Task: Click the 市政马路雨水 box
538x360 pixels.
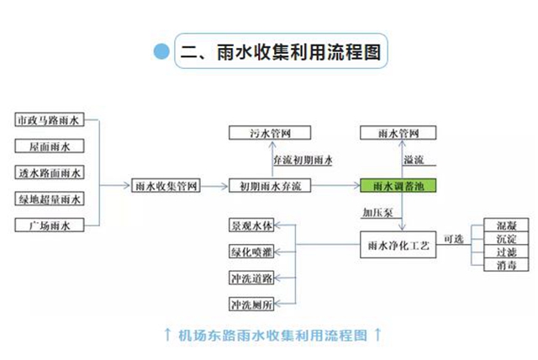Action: (50, 120)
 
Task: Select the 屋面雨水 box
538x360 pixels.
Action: (50, 146)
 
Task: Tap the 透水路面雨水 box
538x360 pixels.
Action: (50, 173)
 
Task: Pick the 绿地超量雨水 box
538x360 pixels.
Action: (50, 199)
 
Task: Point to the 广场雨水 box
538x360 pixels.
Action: (50, 225)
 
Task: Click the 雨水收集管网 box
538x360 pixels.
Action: (166, 186)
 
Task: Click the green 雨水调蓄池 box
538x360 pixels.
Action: (398, 186)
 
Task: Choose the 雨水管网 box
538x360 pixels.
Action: (398, 133)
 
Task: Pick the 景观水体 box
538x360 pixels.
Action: (252, 226)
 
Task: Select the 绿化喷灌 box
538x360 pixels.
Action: (252, 251)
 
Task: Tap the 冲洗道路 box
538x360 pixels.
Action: (252, 277)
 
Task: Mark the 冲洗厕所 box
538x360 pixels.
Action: (252, 303)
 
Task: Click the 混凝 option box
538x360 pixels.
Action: (507, 227)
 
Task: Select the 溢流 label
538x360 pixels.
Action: (414, 160)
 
